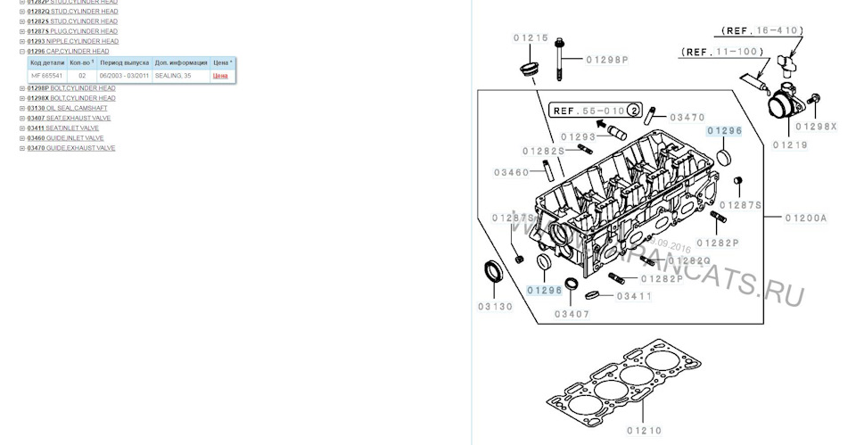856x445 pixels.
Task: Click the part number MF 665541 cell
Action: (x=46, y=77)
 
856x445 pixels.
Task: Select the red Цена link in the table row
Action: (x=219, y=77)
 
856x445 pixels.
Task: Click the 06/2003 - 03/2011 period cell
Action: (x=124, y=77)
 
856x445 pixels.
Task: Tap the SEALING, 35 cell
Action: (x=173, y=77)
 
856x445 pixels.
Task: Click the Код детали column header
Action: (x=46, y=63)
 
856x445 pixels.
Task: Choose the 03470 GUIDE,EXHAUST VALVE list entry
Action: (x=70, y=148)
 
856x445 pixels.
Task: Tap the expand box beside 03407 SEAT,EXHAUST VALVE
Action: (x=22, y=118)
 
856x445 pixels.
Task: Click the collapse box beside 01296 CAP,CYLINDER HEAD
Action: (x=22, y=52)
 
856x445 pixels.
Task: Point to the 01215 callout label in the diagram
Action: (x=531, y=37)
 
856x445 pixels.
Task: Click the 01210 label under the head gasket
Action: (x=643, y=431)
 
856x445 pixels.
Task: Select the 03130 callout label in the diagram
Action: (x=495, y=306)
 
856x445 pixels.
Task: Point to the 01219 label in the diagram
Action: (x=790, y=144)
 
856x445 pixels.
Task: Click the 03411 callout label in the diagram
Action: (x=634, y=296)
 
